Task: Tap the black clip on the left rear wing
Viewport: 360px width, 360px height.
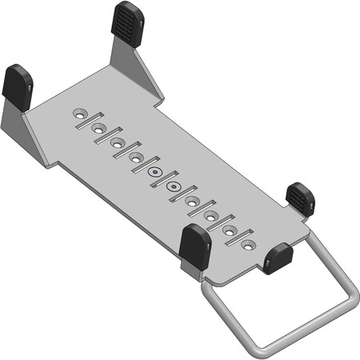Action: pos(17,82)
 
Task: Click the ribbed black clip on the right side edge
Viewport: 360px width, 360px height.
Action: pos(300,196)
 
